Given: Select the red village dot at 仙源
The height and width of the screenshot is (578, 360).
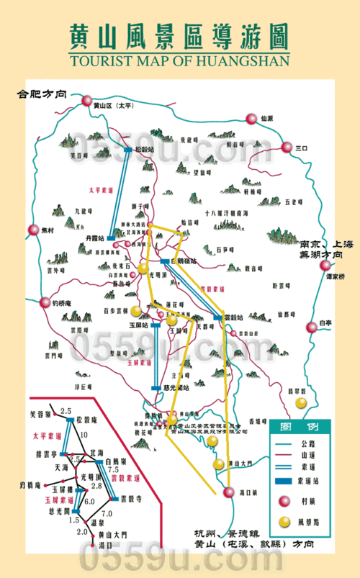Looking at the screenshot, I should [x=251, y=119].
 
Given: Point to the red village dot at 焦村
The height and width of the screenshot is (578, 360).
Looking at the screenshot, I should [x=33, y=230].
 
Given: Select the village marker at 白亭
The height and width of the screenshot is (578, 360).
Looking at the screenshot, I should [x=312, y=326].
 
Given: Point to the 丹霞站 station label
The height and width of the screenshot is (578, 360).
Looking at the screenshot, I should [x=96, y=237].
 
